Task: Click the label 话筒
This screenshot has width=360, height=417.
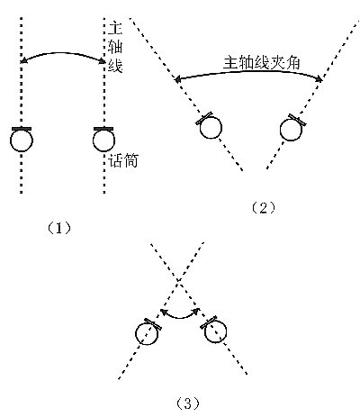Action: point(123,160)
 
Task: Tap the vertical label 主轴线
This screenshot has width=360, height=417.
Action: point(115,47)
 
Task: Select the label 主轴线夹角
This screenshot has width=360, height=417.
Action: point(261,63)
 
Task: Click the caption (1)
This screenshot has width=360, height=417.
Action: point(59,229)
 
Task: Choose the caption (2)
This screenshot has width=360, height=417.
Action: point(263,208)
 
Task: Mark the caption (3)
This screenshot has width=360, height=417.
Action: point(187,403)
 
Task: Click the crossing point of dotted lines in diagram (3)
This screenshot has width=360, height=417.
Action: point(179,281)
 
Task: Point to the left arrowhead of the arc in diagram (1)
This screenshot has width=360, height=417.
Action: point(23,61)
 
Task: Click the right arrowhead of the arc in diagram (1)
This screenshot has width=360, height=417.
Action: point(102,61)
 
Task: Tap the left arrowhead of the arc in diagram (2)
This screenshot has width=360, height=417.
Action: point(177,80)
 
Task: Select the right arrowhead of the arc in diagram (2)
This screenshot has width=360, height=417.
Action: point(319,79)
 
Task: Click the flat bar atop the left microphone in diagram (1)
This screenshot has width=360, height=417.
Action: point(22,129)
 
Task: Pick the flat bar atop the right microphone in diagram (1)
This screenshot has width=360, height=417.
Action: point(103,129)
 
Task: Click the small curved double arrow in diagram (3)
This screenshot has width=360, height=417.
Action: point(180,317)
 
